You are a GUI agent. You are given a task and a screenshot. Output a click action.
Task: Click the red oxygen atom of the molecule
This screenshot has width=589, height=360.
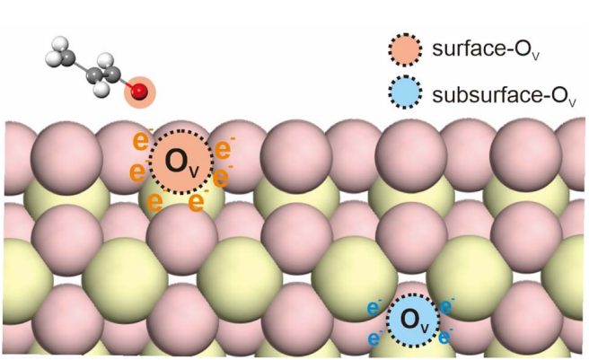(x=139, y=91)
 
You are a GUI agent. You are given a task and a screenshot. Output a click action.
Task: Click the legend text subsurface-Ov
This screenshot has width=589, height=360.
(x=498, y=93)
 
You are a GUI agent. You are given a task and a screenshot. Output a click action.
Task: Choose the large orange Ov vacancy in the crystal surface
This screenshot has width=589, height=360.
(x=180, y=162)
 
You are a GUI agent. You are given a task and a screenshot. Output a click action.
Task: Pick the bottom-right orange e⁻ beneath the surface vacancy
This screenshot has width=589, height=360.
(x=197, y=200)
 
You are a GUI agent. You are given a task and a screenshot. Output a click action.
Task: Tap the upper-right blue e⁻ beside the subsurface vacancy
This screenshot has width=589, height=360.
(x=448, y=306)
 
